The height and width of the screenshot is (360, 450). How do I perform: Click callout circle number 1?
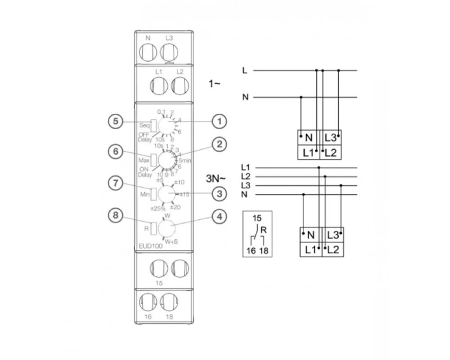click(220, 120)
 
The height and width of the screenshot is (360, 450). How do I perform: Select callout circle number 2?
click(220, 145)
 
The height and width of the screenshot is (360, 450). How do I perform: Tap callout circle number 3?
click(220, 192)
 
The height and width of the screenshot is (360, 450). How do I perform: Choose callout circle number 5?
click(115, 120)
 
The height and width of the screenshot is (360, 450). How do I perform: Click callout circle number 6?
click(115, 152)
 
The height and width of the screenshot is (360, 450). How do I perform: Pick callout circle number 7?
click(115, 184)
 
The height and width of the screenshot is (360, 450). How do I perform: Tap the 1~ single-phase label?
click(215, 84)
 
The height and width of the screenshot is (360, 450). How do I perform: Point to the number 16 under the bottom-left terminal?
click(148, 317)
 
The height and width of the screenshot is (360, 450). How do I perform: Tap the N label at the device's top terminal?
click(148, 38)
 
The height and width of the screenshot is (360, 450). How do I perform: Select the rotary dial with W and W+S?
click(169, 228)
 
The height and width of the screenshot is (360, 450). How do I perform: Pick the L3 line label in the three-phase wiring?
click(244, 184)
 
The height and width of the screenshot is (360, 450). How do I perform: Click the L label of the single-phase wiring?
click(244, 69)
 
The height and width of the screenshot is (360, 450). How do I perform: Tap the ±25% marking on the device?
click(158, 208)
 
